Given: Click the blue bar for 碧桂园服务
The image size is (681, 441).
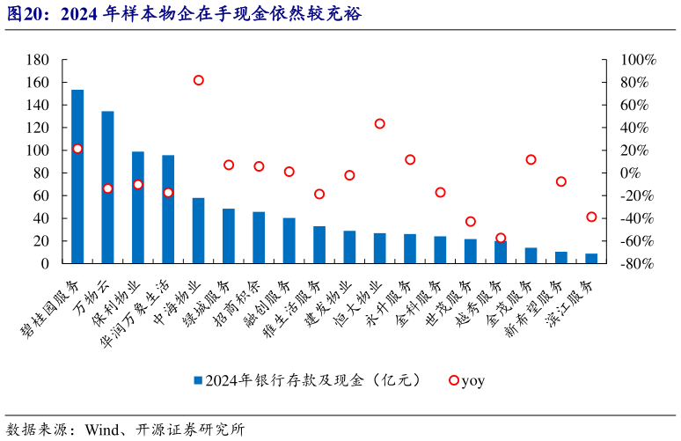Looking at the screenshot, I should point(77,176).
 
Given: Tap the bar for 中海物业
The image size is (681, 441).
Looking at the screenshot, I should point(198,230).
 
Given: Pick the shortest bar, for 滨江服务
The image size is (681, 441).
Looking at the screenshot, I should point(591,258).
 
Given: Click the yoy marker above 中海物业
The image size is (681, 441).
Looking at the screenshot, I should point(199,80).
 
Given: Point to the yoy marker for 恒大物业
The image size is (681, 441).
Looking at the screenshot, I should point(380,124).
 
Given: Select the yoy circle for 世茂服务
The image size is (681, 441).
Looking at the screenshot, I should point(471,222).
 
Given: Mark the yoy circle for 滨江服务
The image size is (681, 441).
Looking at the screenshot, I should point(591,217).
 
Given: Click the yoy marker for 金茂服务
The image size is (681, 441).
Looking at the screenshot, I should point(531,160).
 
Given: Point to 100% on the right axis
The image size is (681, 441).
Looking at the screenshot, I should point(638,60).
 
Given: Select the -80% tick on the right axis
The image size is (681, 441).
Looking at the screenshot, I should point(638,263).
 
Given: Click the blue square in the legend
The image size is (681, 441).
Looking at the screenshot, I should point(198,381).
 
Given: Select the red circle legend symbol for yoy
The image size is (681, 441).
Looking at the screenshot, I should point(453,381).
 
